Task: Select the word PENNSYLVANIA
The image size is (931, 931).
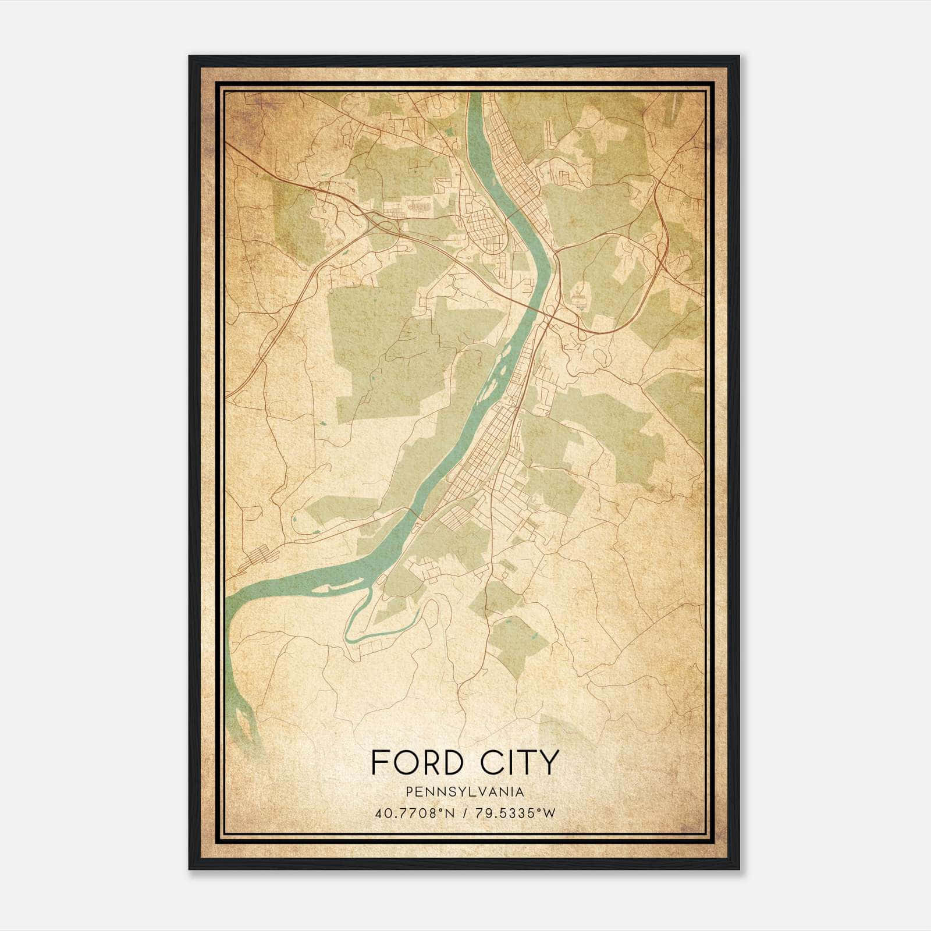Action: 465,792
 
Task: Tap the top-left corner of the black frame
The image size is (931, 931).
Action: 190,57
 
